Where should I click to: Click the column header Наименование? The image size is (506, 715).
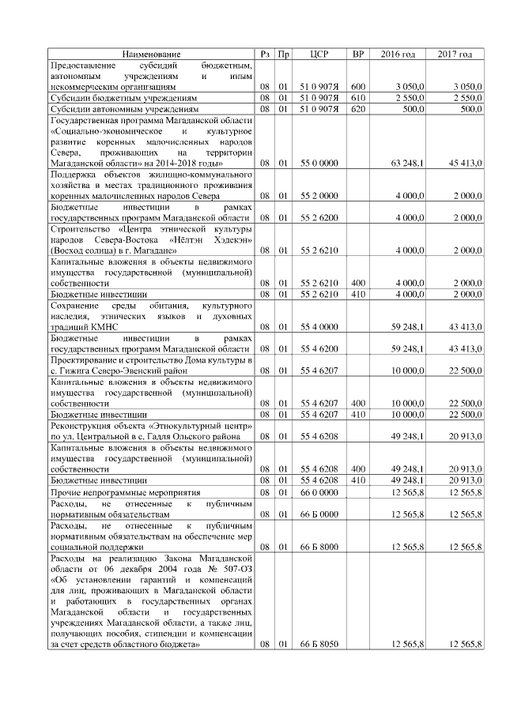coord(151,54)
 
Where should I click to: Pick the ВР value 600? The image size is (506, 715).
coord(357,85)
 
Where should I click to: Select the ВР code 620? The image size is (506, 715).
coord(357,109)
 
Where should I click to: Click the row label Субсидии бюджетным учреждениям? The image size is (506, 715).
coord(123,97)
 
